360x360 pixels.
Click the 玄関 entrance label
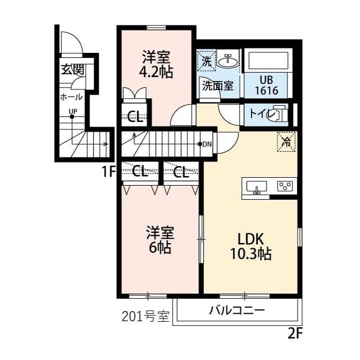73,69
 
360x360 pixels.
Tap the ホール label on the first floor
71,97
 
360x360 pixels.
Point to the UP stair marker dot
72,116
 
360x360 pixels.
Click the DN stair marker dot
200,144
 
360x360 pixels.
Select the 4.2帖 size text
156,72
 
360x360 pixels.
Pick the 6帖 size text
160,247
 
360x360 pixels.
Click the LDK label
250,239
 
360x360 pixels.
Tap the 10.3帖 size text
251,254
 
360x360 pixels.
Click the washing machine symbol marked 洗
206,61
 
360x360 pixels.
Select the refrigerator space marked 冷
286,142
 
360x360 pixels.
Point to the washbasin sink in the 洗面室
227,61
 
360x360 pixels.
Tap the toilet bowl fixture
277,115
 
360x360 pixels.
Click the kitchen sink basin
256,187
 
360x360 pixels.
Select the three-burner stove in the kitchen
285,186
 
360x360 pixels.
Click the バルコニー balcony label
237,310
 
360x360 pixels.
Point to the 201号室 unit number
145,316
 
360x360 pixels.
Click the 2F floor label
295,333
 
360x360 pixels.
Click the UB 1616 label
267,85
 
